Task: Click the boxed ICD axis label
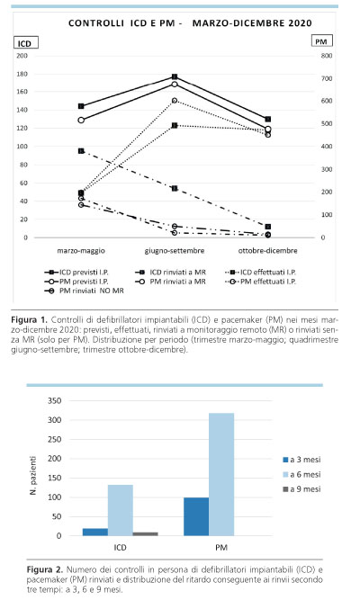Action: [26, 42]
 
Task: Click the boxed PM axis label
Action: [321, 40]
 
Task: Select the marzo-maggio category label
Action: [81, 250]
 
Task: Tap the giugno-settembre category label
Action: [175, 250]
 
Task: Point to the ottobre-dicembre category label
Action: [268, 250]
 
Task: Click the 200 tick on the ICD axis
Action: [22, 56]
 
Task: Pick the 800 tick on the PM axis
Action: [327, 56]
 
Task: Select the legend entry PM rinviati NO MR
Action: [84, 291]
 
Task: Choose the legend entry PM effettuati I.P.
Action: [261, 282]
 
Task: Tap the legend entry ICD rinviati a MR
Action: [170, 273]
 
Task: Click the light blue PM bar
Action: [221, 474]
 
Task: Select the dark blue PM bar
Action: [196, 516]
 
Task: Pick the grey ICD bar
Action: [146, 534]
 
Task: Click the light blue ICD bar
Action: [121, 510]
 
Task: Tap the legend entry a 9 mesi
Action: [301, 489]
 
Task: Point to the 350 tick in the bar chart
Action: [54, 400]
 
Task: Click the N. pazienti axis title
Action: [33, 475]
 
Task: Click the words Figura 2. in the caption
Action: [45, 569]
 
